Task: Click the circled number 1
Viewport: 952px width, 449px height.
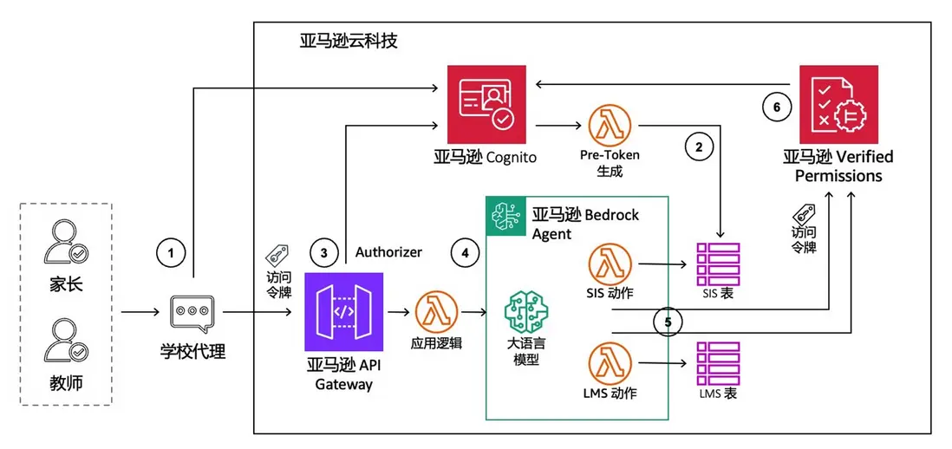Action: [x=172, y=253]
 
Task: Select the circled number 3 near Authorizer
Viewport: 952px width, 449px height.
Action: [x=324, y=253]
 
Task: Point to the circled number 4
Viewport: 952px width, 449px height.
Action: [x=466, y=253]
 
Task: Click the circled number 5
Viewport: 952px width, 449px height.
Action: [x=667, y=322]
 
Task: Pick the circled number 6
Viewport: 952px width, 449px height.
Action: [x=777, y=107]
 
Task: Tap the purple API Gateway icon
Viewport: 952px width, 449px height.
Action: [x=343, y=312]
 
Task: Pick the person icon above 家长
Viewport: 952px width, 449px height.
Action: [x=65, y=244]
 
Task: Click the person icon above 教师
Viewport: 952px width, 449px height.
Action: [x=65, y=341]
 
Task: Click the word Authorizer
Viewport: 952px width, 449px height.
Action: [x=388, y=252]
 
